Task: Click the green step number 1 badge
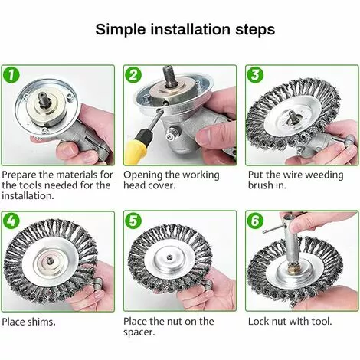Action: [x=11, y=74]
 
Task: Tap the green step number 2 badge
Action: [x=133, y=74]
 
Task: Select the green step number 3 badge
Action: [x=255, y=74]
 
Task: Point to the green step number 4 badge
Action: [x=11, y=221]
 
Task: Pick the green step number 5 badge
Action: [x=133, y=221]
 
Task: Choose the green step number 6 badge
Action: [x=255, y=221]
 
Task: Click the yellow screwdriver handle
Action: [x=138, y=149]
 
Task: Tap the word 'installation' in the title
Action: [x=191, y=29]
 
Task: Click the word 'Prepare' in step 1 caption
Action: [x=19, y=175]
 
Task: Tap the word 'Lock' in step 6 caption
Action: [x=258, y=322]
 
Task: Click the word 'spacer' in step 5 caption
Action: [x=139, y=332]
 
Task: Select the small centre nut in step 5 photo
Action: [x=169, y=257]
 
